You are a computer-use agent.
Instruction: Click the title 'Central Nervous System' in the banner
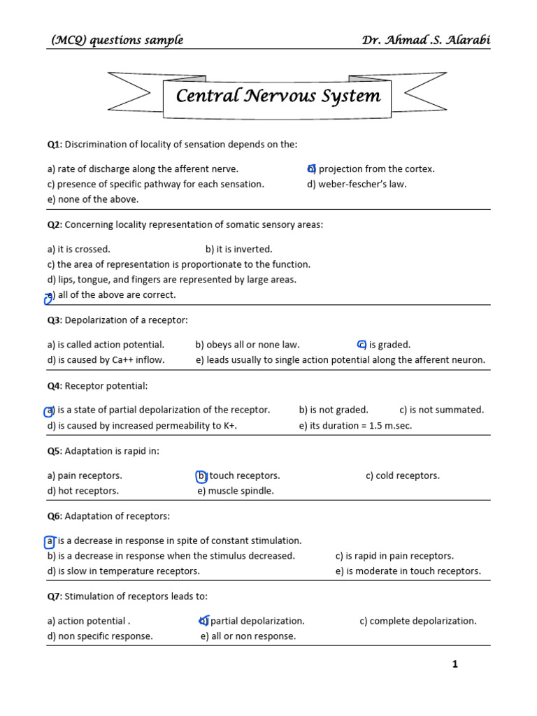tap(278, 96)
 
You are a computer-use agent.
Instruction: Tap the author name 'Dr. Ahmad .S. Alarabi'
tap(426, 40)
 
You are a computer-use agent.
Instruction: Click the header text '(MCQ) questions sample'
tap(117, 40)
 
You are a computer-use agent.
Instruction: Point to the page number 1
tap(455, 664)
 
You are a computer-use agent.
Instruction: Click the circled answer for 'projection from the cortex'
tap(312, 169)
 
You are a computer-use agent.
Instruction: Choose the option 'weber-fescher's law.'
tap(357, 184)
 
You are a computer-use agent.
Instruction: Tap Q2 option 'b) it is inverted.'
tap(239, 249)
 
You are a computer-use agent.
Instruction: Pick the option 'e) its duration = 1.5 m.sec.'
tap(355, 425)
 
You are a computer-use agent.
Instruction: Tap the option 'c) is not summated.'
tap(441, 410)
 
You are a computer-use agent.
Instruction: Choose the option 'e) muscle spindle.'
tap(236, 491)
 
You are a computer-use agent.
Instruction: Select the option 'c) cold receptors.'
tap(402, 475)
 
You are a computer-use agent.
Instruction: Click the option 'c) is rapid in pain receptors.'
tap(394, 556)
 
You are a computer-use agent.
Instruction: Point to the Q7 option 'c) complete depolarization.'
tap(417, 621)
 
